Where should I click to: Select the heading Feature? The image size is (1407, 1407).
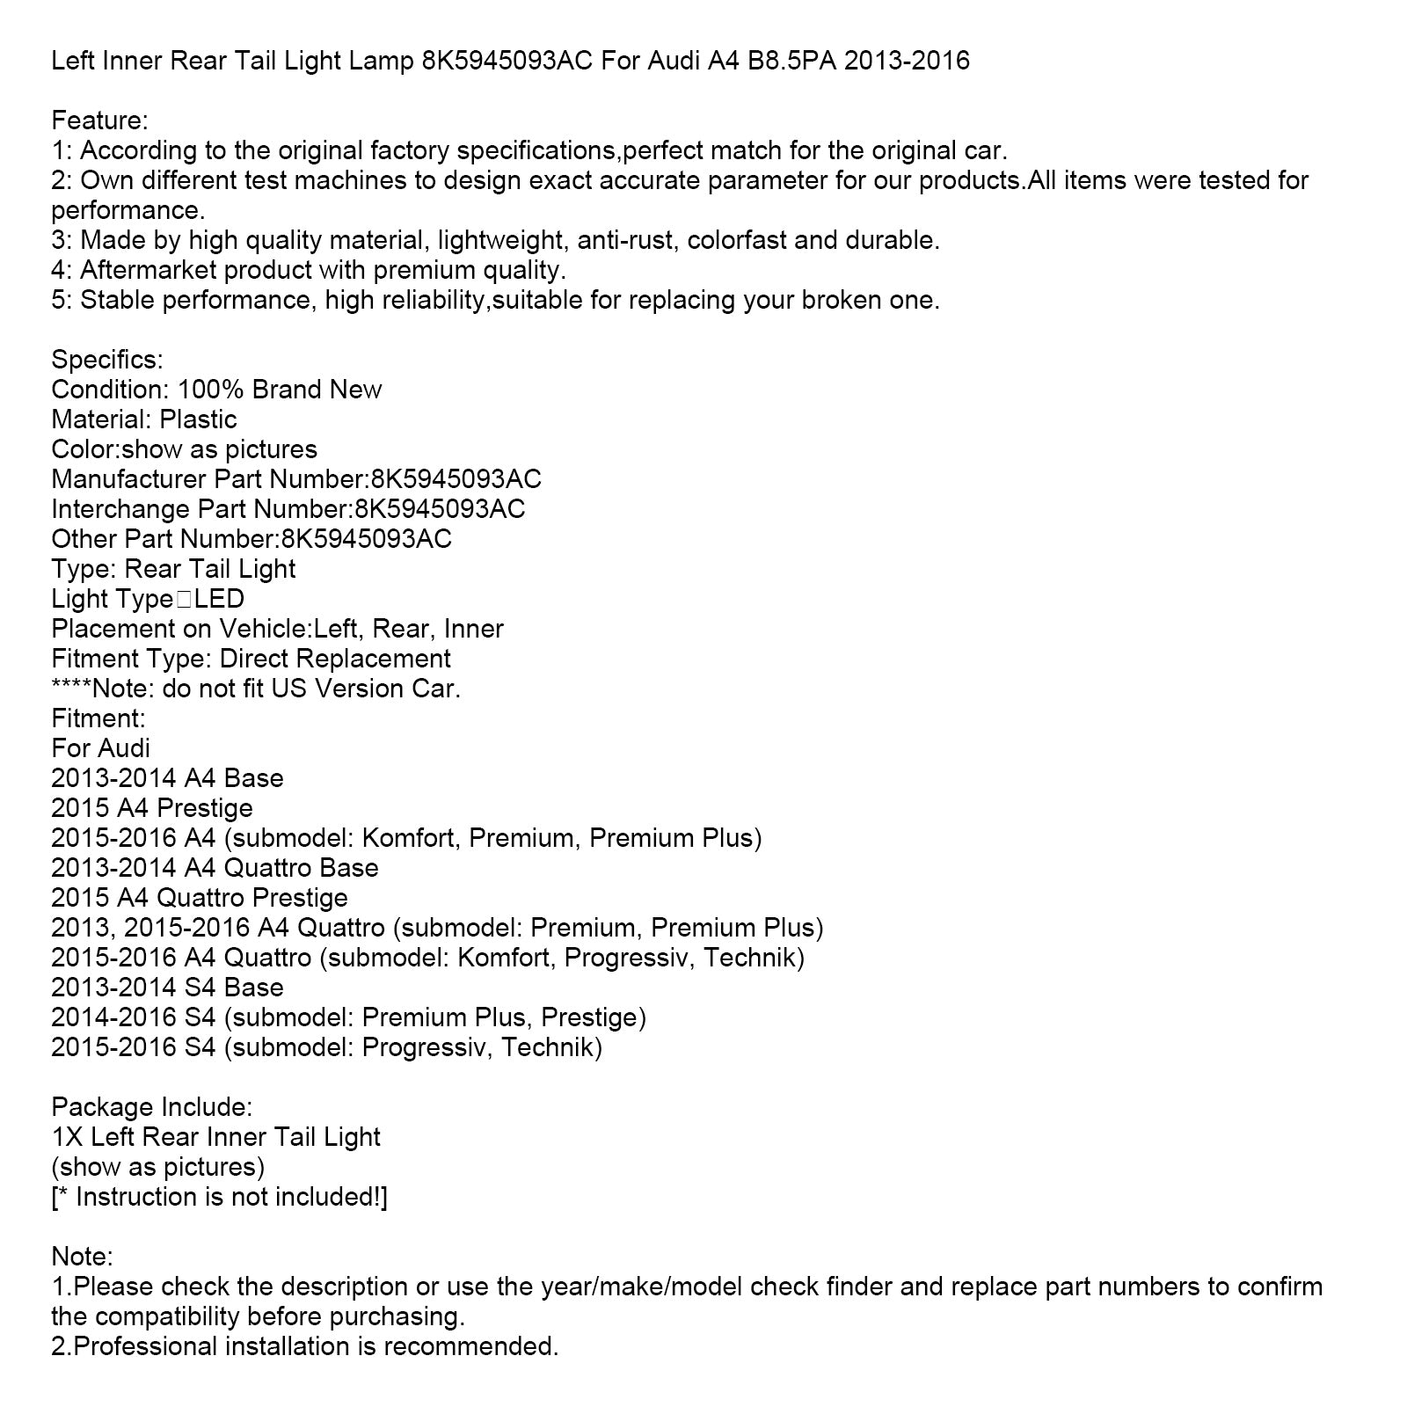(x=100, y=120)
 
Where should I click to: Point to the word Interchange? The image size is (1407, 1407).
(x=120, y=509)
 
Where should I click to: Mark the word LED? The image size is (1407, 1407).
(x=219, y=599)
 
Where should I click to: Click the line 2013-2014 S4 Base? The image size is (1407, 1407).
(x=167, y=988)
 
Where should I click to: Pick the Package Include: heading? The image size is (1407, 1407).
(x=152, y=1107)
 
